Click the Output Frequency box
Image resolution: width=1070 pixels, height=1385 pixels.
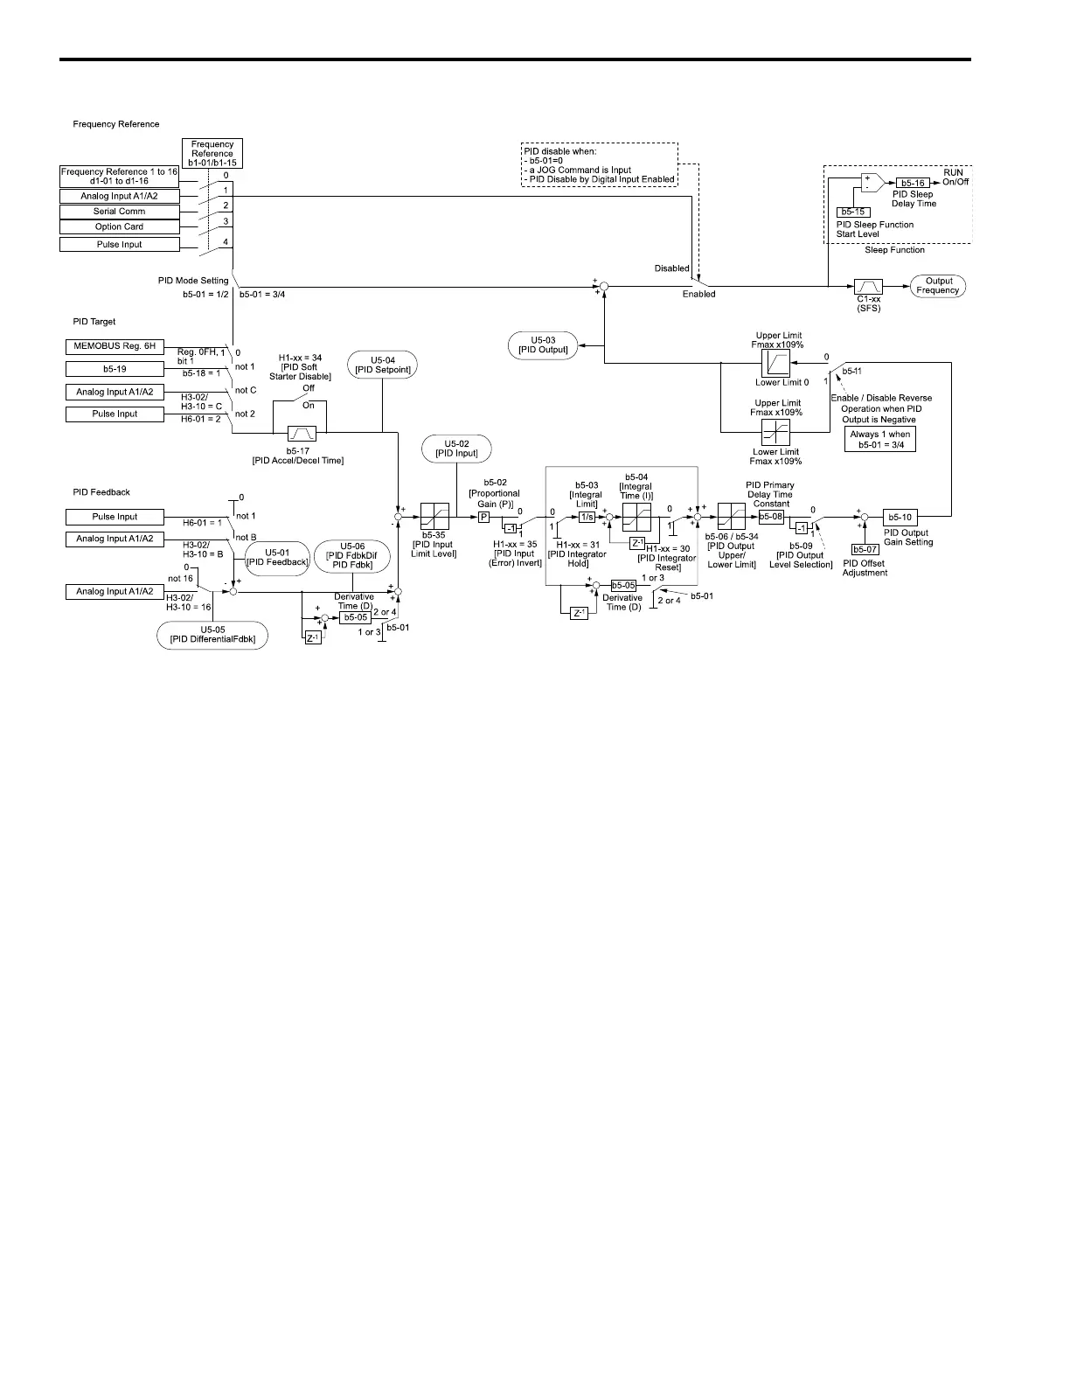(x=938, y=286)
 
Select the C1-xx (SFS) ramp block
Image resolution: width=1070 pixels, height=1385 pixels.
(x=868, y=287)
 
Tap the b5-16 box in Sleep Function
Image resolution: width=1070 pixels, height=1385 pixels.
(x=913, y=183)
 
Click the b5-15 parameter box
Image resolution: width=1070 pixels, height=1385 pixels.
(x=851, y=212)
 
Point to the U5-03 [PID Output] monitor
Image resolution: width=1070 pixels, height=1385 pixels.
(x=543, y=345)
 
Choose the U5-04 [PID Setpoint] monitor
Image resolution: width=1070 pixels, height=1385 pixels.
(x=382, y=365)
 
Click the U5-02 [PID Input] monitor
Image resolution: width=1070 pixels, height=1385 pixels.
(x=456, y=449)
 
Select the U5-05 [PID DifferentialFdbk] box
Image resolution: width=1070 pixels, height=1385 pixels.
(x=212, y=634)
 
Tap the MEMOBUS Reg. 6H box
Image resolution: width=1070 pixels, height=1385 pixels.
(x=115, y=346)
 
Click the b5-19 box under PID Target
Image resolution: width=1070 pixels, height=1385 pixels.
(x=115, y=369)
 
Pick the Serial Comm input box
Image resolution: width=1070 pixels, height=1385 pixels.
(x=119, y=212)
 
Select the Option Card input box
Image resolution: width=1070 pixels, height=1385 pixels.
(x=119, y=226)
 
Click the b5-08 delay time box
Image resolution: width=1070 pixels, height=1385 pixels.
(x=771, y=517)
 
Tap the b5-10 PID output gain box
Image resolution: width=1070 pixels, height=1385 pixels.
(x=900, y=517)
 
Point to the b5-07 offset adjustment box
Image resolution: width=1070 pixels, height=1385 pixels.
(x=865, y=549)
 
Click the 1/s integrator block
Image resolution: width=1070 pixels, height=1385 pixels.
(x=587, y=517)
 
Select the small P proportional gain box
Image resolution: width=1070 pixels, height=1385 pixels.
(x=483, y=517)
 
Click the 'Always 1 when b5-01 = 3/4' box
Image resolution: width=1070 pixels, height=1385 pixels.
(x=880, y=439)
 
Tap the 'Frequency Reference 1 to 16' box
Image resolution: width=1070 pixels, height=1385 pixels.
(x=119, y=176)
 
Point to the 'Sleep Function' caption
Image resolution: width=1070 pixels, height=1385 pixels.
(x=894, y=250)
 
